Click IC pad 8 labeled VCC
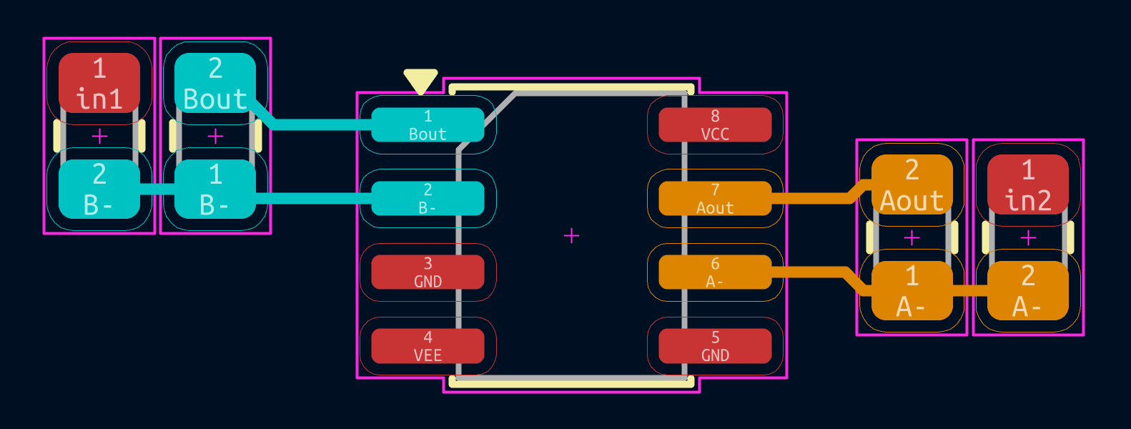point(715,125)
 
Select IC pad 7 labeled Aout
point(715,199)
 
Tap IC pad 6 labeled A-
point(715,272)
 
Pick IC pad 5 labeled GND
point(715,346)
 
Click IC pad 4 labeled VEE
point(428,346)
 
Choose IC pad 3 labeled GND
point(428,272)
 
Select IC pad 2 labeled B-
point(428,199)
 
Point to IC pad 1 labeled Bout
point(428,125)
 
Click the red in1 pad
point(99,83)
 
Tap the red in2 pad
point(1028,184)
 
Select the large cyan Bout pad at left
point(214,83)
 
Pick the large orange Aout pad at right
point(912,184)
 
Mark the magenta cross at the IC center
point(571,236)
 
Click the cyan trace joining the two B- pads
point(157,189)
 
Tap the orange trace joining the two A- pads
point(969,290)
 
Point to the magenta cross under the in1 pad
point(99,136)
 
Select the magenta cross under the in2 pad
point(1028,237)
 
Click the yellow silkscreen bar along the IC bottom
point(571,384)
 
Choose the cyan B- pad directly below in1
point(99,189)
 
